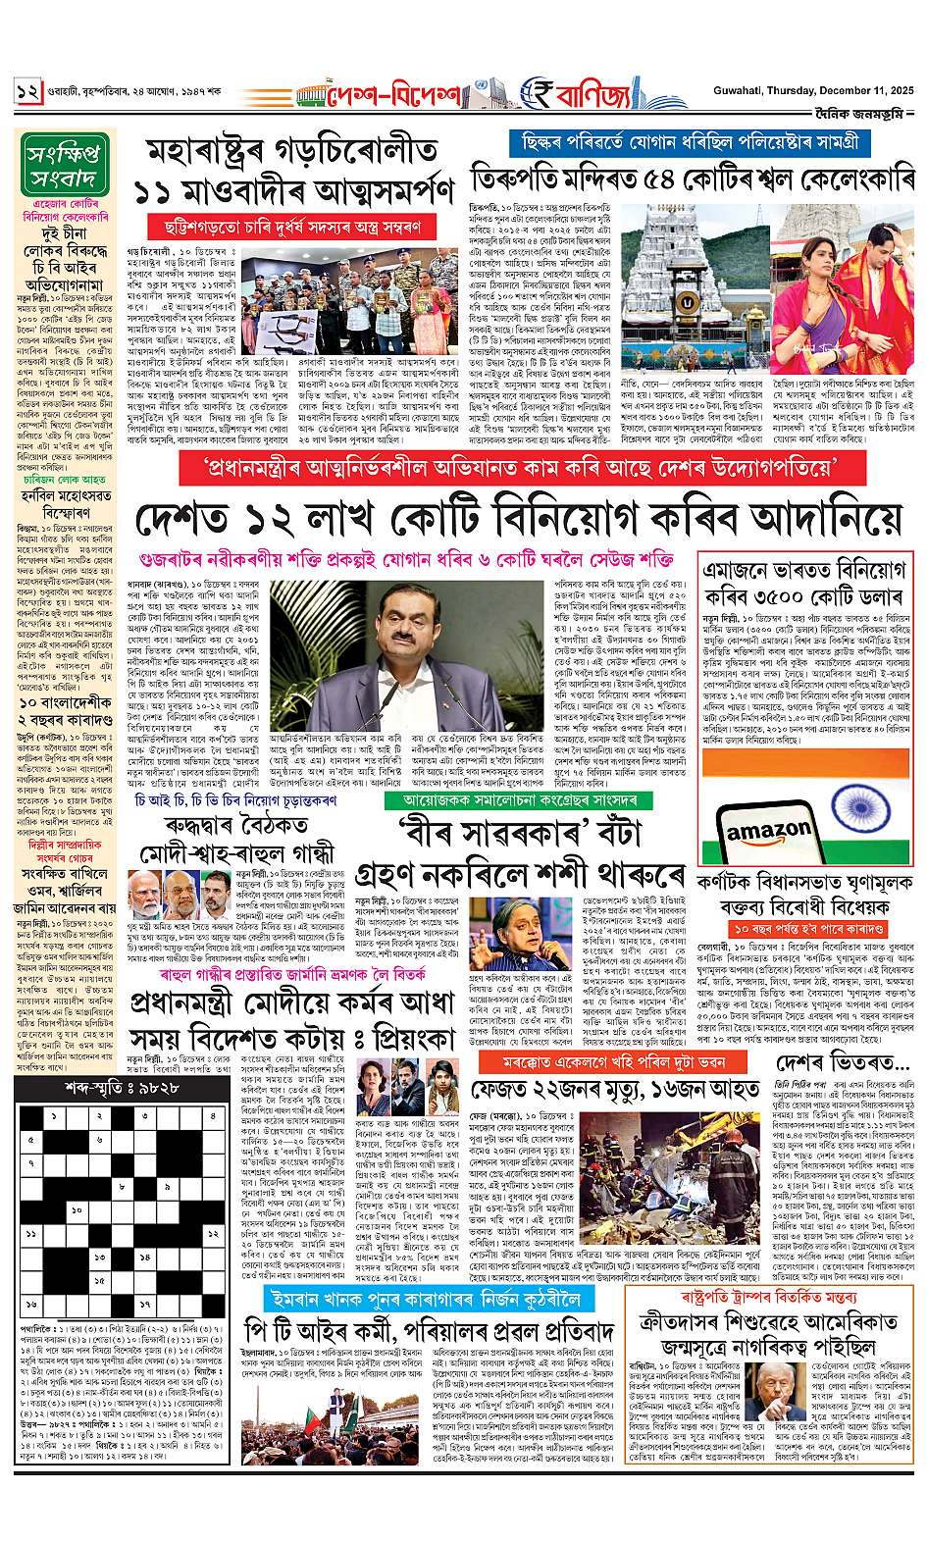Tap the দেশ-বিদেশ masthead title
point(396,98)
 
